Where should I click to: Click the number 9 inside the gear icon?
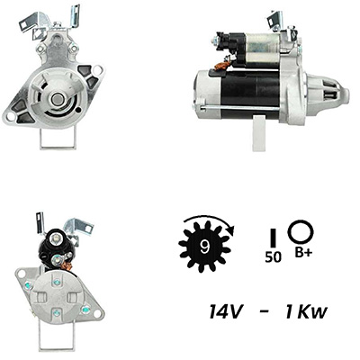205,247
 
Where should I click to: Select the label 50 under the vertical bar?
273,257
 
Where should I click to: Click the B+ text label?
303,253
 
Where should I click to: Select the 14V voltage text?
225,312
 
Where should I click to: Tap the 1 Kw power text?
305,312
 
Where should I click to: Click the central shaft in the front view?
56,100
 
